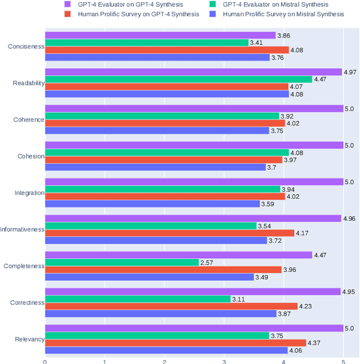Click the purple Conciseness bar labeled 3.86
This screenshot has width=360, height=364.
pos(160,35)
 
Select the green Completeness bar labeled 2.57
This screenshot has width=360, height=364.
pos(122,262)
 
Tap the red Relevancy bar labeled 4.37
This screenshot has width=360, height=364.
pos(175,343)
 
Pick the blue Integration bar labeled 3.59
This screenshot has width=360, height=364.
pos(152,204)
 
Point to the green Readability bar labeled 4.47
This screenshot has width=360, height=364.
pos(178,79)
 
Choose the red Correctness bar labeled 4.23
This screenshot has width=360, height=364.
pos(171,306)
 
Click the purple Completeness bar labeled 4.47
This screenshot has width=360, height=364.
pos(178,255)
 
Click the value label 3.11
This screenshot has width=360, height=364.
pos(238,299)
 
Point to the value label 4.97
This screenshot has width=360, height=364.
pos(350,72)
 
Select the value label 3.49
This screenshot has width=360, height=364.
pos(262,277)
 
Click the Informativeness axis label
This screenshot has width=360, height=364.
pos(22,229)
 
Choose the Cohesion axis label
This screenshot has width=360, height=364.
pos(31,156)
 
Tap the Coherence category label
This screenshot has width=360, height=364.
pos(29,120)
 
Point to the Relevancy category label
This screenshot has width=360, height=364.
pos(29,339)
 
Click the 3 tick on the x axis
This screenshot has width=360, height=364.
pos(224,361)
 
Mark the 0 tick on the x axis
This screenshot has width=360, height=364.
pos(45,361)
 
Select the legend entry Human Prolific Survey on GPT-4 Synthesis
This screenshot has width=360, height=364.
pos(138,14)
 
